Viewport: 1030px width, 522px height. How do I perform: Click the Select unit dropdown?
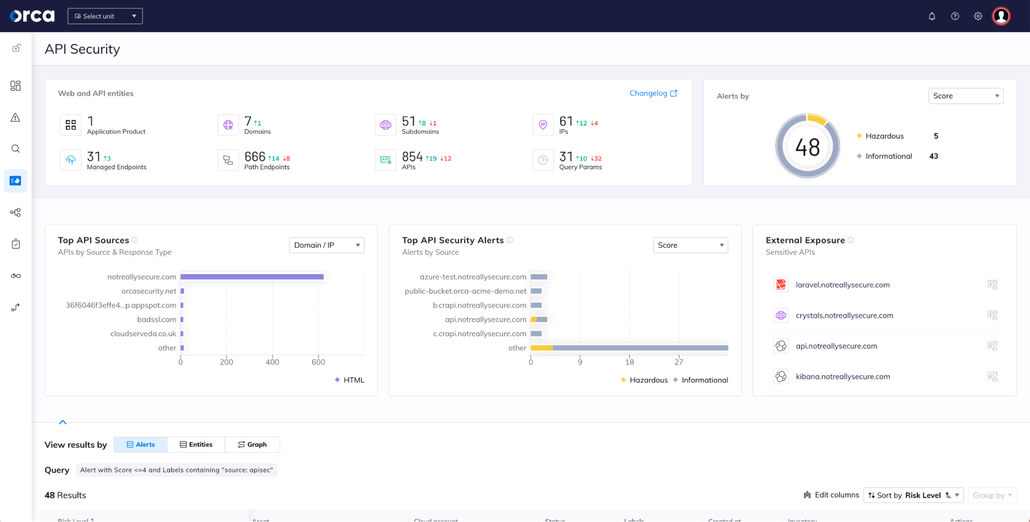click(105, 16)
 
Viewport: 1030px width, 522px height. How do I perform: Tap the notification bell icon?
click(932, 16)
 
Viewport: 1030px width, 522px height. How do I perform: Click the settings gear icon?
click(977, 16)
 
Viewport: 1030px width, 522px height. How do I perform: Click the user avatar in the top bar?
click(1001, 16)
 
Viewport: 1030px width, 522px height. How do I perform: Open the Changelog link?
click(653, 93)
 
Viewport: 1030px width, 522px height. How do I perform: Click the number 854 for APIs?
click(412, 156)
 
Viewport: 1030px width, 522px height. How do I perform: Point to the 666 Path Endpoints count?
click(255, 156)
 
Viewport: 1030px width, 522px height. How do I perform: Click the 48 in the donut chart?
click(807, 148)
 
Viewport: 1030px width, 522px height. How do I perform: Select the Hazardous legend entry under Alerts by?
click(884, 136)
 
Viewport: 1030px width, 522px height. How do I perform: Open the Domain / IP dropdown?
click(326, 245)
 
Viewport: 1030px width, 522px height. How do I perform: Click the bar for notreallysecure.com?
click(252, 277)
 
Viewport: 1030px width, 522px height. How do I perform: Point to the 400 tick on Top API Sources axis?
click(272, 362)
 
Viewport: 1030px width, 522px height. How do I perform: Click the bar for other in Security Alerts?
click(629, 348)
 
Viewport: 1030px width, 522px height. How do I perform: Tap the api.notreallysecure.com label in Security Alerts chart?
click(485, 320)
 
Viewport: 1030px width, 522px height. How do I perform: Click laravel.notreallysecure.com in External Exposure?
click(842, 285)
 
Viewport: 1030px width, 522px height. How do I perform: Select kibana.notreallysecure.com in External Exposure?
click(842, 376)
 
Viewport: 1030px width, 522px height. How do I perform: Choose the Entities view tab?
click(196, 444)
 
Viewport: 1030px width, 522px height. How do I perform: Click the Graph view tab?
click(252, 444)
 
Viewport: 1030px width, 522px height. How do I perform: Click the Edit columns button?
click(831, 495)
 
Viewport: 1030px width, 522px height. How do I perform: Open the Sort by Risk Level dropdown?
click(913, 495)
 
